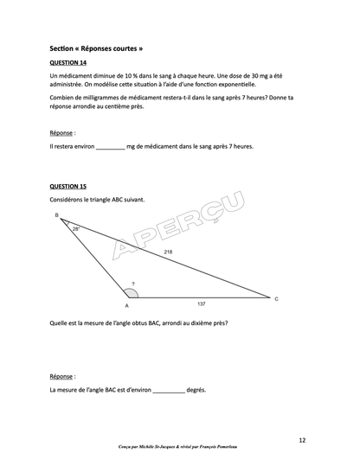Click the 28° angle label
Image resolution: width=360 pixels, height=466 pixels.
click(x=76, y=229)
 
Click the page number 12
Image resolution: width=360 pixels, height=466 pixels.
click(x=301, y=440)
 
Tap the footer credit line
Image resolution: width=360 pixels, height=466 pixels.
click(x=179, y=448)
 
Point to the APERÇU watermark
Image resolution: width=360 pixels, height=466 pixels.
click(x=177, y=227)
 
